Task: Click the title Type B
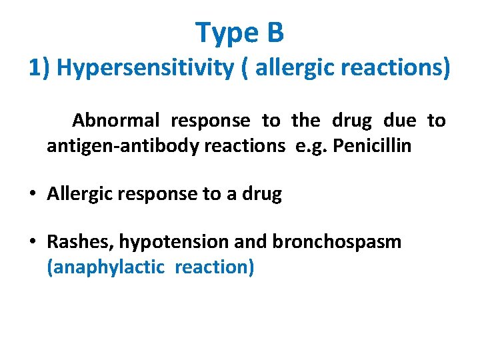(x=240, y=31)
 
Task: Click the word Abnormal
(x=116, y=121)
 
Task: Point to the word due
(x=399, y=121)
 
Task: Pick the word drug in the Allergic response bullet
(x=261, y=195)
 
